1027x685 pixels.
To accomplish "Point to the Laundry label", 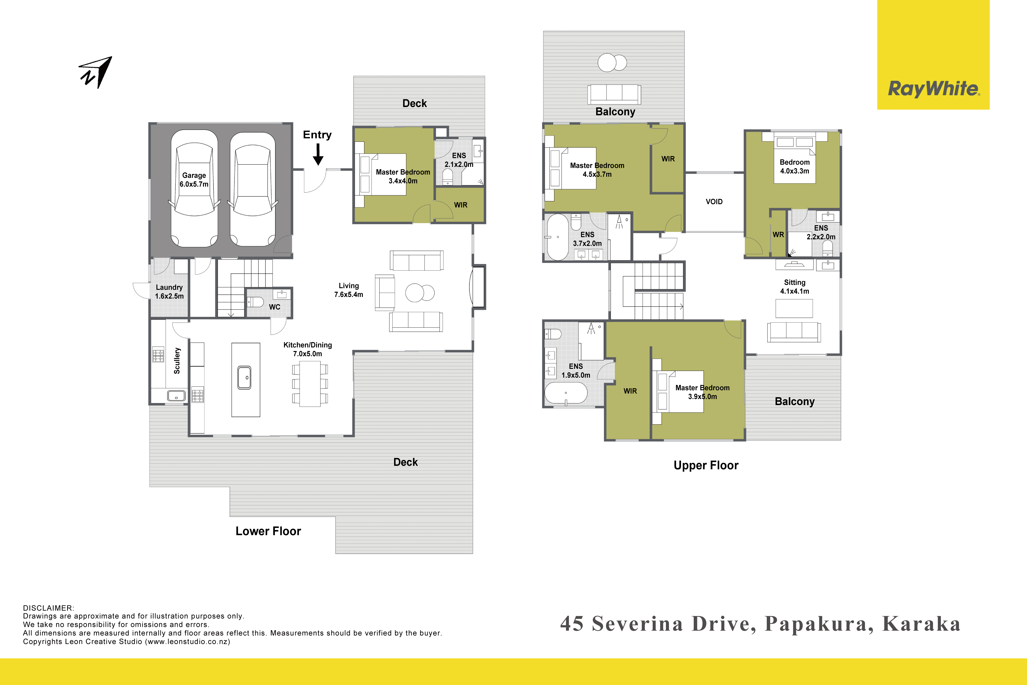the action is [169, 287].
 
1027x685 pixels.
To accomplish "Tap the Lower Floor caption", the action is [268, 531].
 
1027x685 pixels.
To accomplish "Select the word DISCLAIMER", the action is [48, 608].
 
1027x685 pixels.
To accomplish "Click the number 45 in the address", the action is [572, 624].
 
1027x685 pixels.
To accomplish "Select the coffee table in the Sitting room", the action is [794, 308].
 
